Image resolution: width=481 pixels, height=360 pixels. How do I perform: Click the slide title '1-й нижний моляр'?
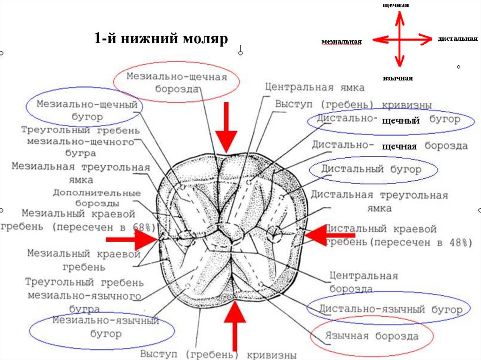(161, 38)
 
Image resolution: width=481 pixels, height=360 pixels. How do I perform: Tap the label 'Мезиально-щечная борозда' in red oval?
(176, 83)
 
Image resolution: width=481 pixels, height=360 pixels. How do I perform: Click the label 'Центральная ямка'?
(314, 87)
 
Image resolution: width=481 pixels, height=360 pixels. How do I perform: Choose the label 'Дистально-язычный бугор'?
(391, 309)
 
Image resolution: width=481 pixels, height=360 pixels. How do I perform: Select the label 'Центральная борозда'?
(364, 282)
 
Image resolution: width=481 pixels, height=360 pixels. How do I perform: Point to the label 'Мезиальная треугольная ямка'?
(81, 173)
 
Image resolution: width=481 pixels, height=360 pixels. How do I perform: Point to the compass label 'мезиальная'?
(341, 42)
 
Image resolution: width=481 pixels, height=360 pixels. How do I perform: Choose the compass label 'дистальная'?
(458, 38)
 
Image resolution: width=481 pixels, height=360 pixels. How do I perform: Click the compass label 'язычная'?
(398, 78)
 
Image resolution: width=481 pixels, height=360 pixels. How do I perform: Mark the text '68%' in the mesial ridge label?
(143, 227)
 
